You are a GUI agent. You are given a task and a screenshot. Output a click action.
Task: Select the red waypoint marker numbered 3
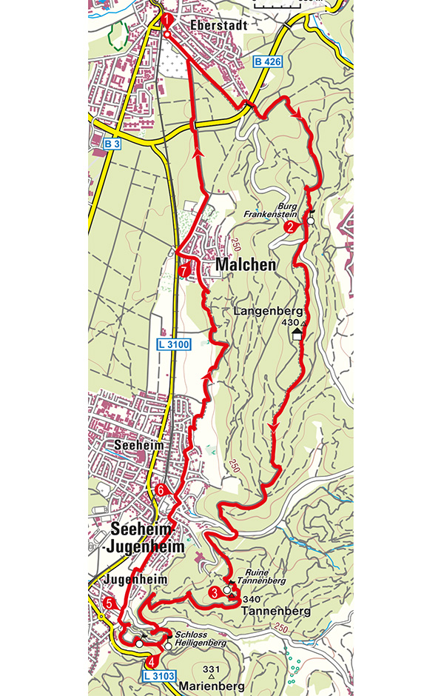215,592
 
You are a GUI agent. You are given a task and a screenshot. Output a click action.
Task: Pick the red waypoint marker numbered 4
152,661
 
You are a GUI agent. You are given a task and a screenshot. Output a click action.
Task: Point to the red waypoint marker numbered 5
110,603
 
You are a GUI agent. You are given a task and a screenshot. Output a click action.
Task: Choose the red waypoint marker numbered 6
162,490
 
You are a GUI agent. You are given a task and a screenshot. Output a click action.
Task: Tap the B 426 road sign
267,62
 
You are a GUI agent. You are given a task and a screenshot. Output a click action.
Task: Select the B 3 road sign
112,143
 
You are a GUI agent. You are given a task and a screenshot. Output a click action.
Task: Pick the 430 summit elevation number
290,324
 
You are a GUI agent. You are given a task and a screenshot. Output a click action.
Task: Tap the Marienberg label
212,686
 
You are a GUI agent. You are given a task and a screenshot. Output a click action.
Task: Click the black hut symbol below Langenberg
297,335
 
